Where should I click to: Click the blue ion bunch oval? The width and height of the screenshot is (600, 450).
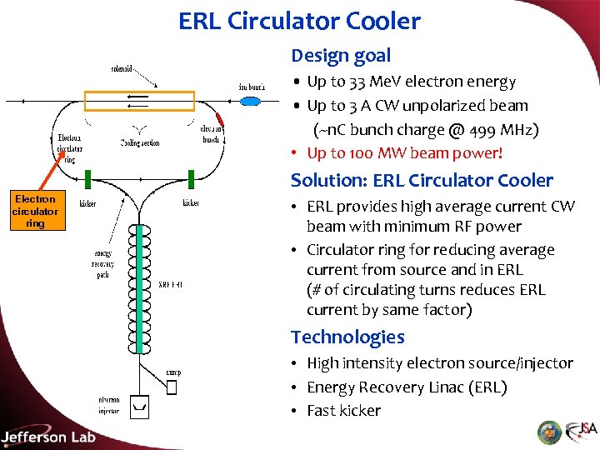pyautogui.click(x=249, y=102)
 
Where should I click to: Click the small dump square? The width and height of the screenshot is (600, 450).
pyautogui.click(x=172, y=387)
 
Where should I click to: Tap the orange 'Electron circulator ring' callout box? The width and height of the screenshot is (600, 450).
pyautogui.click(x=35, y=211)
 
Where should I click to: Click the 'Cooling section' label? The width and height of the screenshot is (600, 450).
pyautogui.click(x=139, y=142)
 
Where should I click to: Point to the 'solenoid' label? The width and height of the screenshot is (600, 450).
pyautogui.click(x=123, y=67)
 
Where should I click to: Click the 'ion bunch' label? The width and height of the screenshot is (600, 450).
pyautogui.click(x=252, y=87)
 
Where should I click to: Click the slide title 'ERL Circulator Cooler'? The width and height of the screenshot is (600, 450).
pyautogui.click(x=299, y=21)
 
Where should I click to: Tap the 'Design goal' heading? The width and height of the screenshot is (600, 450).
pyautogui.click(x=341, y=56)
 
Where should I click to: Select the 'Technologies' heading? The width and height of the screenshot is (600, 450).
pyautogui.click(x=347, y=337)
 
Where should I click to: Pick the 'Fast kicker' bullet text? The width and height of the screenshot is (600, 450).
pyautogui.click(x=343, y=410)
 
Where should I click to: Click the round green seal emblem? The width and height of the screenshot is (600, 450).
pyautogui.click(x=549, y=432)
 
